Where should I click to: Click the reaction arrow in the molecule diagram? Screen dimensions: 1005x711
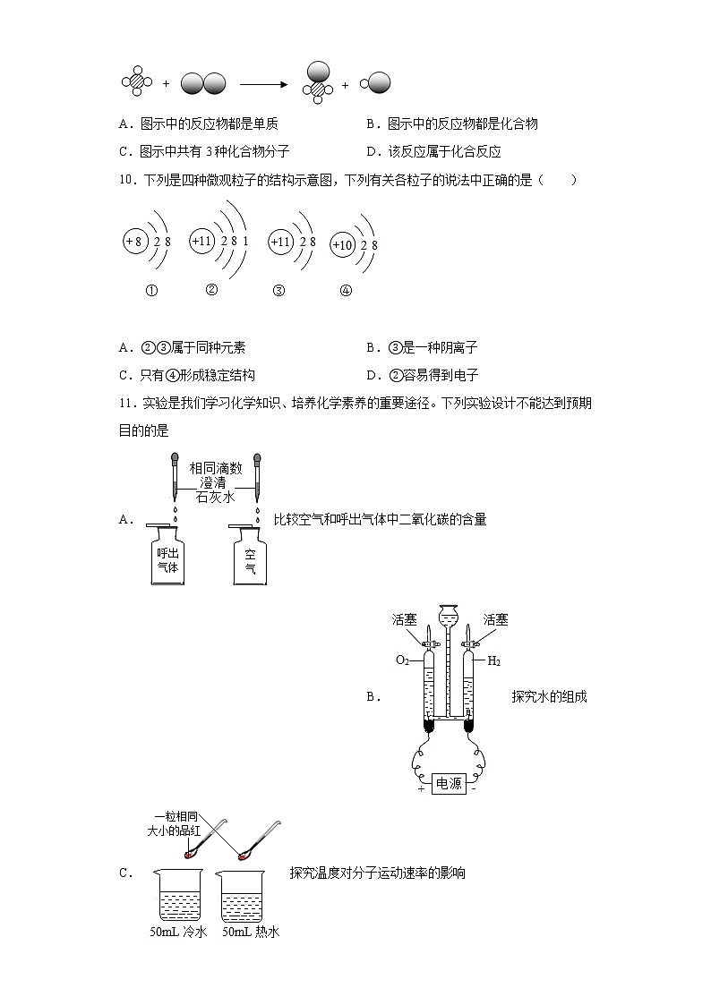click(x=262, y=84)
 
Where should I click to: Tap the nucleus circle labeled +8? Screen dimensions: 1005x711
click(x=134, y=242)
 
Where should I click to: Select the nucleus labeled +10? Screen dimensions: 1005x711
click(x=342, y=244)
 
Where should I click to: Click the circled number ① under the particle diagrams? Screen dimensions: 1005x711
click(x=151, y=290)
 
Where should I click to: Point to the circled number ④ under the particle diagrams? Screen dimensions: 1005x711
click(x=346, y=290)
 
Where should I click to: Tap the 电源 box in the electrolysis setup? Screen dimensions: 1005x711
click(x=449, y=783)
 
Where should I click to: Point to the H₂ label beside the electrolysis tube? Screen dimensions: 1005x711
click(x=493, y=661)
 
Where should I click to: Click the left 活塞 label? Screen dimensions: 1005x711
click(x=403, y=619)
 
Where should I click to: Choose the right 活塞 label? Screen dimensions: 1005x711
click(x=495, y=619)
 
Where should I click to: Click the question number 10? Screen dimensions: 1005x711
click(x=125, y=181)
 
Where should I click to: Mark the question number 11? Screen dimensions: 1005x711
click(x=125, y=404)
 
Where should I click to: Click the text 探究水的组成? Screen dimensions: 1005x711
click(x=549, y=696)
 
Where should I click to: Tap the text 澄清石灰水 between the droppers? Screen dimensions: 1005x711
click(x=216, y=490)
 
